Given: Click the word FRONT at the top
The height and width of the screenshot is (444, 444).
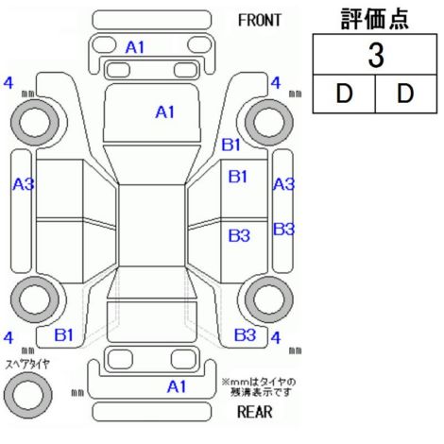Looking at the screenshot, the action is tap(259, 21).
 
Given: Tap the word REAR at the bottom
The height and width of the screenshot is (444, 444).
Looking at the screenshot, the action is tap(255, 412).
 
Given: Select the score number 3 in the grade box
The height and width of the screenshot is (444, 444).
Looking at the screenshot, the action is tap(376, 55).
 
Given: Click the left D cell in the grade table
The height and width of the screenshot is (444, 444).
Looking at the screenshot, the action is tap(344, 94).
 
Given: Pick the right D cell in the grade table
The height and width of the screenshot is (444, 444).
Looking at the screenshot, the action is tap(406, 94).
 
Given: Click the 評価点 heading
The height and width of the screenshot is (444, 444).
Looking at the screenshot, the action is tap(375, 19).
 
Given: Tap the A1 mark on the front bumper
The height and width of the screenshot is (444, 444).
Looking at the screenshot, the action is tap(135, 48).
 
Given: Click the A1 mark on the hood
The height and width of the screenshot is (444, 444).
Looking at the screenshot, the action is tap(165, 112).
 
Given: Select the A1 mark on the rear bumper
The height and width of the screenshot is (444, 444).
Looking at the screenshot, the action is tap(177, 386).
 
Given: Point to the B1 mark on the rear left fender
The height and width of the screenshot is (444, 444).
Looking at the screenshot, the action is tap(64, 335).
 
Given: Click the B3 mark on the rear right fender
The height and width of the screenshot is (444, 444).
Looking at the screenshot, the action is tap(245, 335).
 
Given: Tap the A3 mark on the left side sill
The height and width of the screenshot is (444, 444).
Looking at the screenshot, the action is tap(24, 184).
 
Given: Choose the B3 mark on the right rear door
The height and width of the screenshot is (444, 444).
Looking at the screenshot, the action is tap(239, 236).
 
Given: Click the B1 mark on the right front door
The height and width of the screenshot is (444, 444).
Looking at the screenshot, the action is tap(238, 177).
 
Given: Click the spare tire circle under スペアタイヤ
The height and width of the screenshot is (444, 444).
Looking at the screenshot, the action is tap(28, 395).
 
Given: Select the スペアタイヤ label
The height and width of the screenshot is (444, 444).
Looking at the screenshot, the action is tap(27, 365).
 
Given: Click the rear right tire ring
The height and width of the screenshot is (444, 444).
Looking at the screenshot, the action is tap(269, 299).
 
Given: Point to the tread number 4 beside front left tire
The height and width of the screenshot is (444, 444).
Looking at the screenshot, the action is tap(9, 83).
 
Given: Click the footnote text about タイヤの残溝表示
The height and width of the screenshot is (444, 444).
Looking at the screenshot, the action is tap(259, 387).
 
